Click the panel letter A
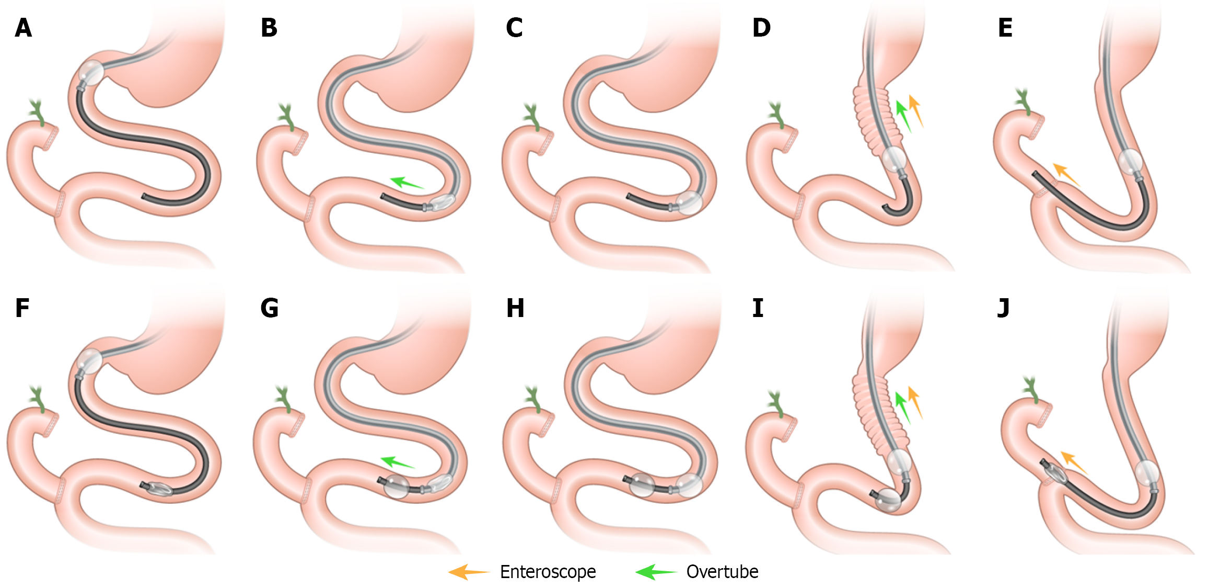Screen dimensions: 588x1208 (x=24, y=28)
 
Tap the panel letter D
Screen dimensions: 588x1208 (x=761, y=28)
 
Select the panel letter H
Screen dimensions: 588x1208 (x=515, y=309)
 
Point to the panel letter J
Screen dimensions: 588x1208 (x=1003, y=309)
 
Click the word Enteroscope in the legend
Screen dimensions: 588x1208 (x=548, y=572)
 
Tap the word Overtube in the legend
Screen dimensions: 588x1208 (x=722, y=572)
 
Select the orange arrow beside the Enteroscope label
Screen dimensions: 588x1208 (x=468, y=572)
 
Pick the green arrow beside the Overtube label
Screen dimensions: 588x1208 (x=655, y=572)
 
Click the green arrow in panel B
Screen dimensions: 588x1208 (x=407, y=183)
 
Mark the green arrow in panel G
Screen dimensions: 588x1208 (x=397, y=462)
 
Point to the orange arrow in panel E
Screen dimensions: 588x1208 (x=1066, y=175)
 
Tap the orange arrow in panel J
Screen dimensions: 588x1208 (x=1074, y=462)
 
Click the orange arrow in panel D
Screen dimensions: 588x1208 (x=916, y=110)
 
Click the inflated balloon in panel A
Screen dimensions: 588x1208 (x=91, y=72)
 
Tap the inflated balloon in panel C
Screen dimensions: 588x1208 (x=689, y=202)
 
